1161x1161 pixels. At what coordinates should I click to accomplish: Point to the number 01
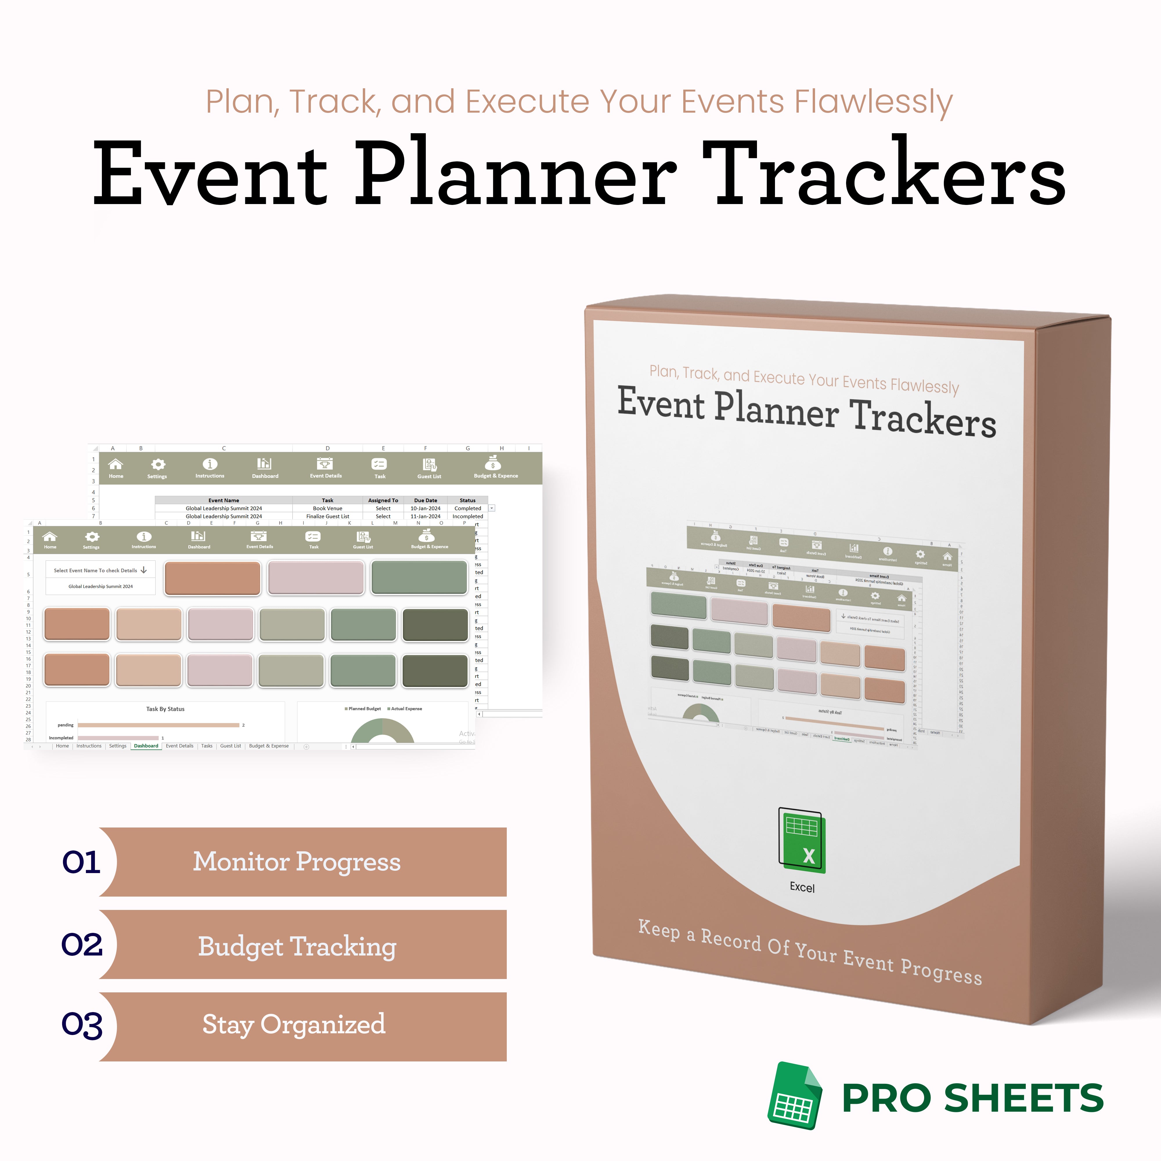[81, 862]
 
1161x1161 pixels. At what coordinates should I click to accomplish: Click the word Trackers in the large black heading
[883, 174]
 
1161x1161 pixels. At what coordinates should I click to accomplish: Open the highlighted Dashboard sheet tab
[146, 746]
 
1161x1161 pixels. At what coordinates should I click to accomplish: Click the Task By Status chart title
[165, 709]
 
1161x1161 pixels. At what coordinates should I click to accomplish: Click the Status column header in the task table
[468, 500]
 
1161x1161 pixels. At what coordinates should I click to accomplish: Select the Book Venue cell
[327, 509]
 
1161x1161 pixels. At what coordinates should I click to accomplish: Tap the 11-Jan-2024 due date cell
[426, 516]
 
